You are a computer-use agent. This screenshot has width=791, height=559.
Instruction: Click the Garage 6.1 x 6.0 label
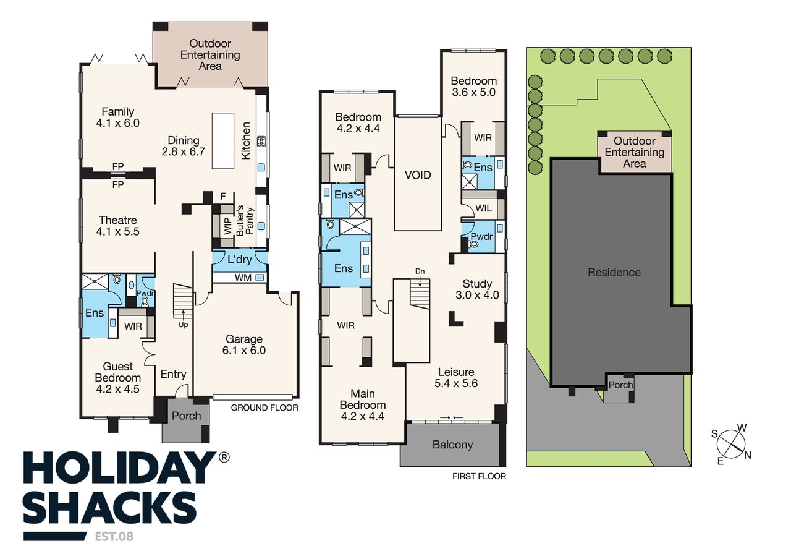[x=244, y=345]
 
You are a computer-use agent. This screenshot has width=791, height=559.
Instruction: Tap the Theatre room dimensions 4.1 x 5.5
[x=118, y=232]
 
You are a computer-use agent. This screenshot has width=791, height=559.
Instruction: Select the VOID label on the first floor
[x=418, y=175]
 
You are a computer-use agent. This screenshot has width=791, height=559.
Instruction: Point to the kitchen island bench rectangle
[x=223, y=140]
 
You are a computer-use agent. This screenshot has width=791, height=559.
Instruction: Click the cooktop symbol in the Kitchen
[x=261, y=142]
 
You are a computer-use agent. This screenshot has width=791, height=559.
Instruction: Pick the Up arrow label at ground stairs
[x=184, y=325]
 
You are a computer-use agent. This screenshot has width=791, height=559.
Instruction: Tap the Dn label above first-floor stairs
[x=420, y=271]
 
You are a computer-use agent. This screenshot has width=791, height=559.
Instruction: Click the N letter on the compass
[x=747, y=456]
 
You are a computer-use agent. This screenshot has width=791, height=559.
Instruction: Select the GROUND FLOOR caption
[x=264, y=408]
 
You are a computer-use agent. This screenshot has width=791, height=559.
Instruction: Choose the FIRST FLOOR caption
[x=479, y=476]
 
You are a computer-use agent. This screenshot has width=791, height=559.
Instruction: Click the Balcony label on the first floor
[x=453, y=445]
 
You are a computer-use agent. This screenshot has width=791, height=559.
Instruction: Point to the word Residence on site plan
[x=614, y=273]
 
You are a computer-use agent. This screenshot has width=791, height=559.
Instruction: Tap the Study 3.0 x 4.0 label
[x=478, y=289]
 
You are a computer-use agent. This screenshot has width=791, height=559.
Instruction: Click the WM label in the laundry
[x=243, y=278]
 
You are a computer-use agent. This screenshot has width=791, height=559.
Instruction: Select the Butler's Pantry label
[x=245, y=221]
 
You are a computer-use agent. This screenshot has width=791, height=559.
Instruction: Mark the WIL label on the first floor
[x=483, y=208]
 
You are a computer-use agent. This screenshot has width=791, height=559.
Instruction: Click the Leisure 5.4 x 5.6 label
[x=456, y=378]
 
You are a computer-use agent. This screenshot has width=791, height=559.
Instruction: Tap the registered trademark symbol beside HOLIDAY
[x=224, y=458]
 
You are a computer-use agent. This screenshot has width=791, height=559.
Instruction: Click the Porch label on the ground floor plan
[x=187, y=416]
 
